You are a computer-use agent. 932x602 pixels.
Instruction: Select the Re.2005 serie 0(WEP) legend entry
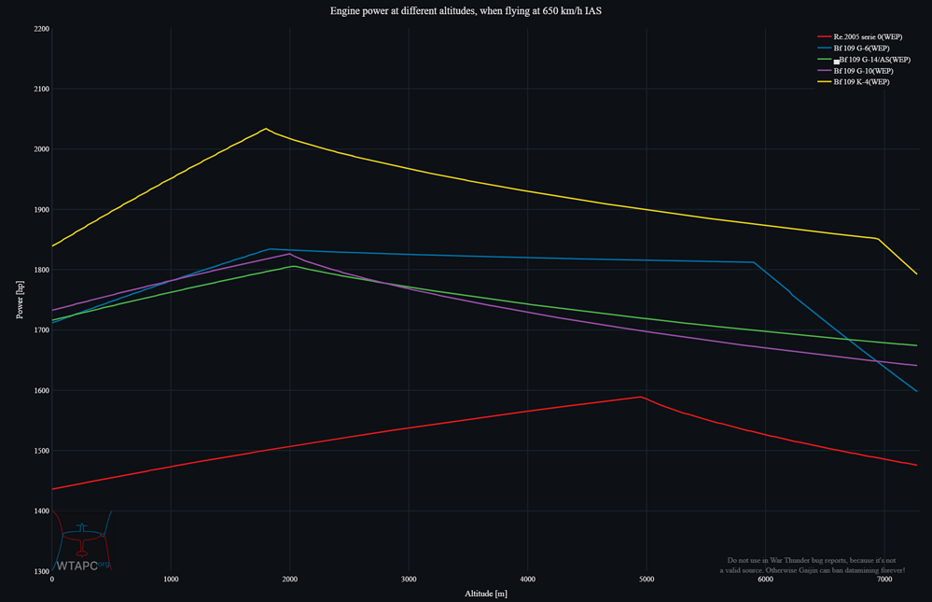[x=861, y=36]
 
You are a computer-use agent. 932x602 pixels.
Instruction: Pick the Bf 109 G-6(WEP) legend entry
[x=861, y=48]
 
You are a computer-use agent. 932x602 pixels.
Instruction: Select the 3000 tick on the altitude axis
[x=409, y=580]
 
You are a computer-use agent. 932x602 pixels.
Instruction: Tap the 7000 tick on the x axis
[x=884, y=580]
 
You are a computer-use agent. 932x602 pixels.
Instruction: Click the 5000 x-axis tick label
[x=647, y=580]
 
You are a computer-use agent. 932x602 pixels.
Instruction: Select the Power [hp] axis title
[x=21, y=301]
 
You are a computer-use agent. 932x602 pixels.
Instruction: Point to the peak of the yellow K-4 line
[x=266, y=129]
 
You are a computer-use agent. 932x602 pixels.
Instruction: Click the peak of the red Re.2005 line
[x=641, y=397]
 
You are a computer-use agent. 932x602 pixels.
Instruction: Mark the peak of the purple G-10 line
[x=289, y=253]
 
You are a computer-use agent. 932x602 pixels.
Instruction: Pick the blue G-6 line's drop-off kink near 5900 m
[x=754, y=262]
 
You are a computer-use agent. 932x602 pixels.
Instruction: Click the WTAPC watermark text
[x=77, y=565]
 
